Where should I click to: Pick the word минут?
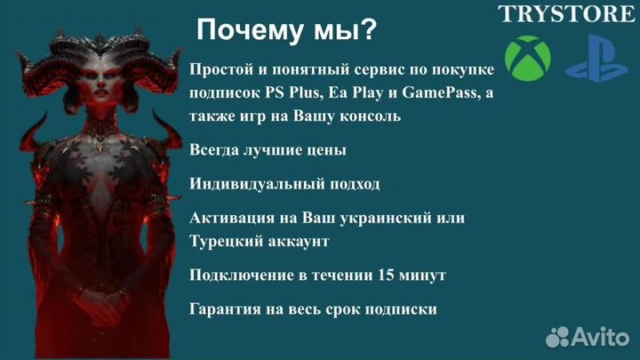[421, 276]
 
